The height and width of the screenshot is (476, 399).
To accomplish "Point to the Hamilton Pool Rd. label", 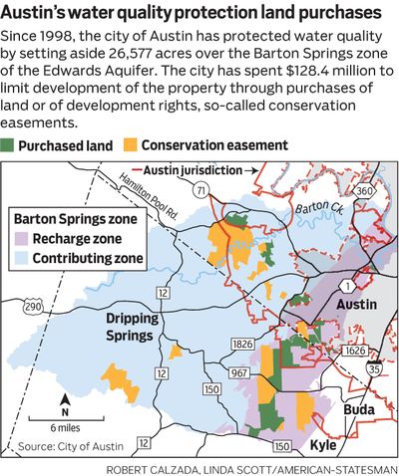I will [x=122, y=186].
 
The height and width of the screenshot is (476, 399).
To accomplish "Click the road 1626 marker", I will [x=355, y=351].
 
